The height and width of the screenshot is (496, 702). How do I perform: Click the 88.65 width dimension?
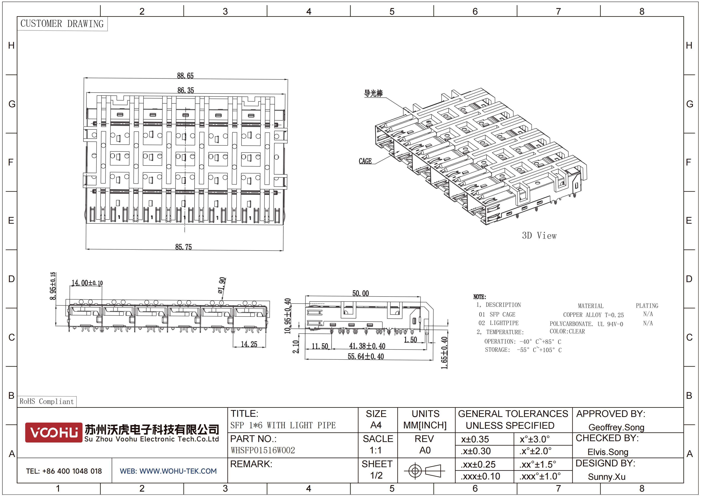click(x=185, y=75)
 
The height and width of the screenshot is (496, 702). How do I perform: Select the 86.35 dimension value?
click(x=186, y=90)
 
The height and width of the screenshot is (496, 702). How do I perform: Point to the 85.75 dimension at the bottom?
click(x=184, y=247)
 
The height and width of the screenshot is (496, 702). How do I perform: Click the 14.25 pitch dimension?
click(x=249, y=344)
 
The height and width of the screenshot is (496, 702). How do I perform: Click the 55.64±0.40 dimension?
click(x=366, y=356)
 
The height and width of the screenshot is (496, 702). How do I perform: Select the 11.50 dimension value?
click(x=320, y=346)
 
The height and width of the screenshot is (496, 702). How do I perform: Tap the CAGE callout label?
click(x=365, y=161)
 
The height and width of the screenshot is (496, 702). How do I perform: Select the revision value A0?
click(x=425, y=450)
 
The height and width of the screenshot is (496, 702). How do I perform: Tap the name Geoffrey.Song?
click(x=616, y=427)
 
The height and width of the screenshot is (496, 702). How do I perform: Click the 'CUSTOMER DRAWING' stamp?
click(x=62, y=24)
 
